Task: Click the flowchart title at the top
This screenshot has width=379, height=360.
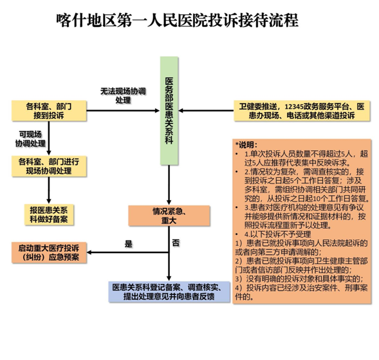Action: click(178, 21)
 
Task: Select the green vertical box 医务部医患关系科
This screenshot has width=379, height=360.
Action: click(169, 111)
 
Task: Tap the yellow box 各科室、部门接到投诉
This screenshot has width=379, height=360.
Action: click(49, 111)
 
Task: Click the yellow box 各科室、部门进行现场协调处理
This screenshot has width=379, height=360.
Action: click(49, 166)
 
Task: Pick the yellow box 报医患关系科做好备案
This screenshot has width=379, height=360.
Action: click(49, 215)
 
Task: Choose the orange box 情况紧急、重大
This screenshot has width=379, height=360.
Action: click(169, 216)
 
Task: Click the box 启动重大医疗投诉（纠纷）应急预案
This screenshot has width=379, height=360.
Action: click(49, 252)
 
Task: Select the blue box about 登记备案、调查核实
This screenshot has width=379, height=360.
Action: click(169, 292)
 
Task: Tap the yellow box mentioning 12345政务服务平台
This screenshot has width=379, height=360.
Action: click(302, 111)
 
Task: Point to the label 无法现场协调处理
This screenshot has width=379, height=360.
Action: click(123, 95)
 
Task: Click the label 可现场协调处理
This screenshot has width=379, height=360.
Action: click(30, 139)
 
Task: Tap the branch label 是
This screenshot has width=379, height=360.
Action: click(128, 243)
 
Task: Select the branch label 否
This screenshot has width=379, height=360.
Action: click(176, 243)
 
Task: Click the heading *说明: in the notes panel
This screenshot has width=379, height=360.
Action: click(246, 145)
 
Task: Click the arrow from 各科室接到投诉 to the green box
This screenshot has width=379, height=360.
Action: click(123, 111)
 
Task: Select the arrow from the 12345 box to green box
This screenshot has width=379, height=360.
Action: click(207, 111)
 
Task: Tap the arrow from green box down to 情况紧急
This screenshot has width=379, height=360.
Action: click(169, 185)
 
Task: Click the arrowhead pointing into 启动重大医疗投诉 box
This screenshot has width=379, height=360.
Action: click(89, 252)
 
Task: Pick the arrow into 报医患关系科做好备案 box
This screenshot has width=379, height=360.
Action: click(49, 190)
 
